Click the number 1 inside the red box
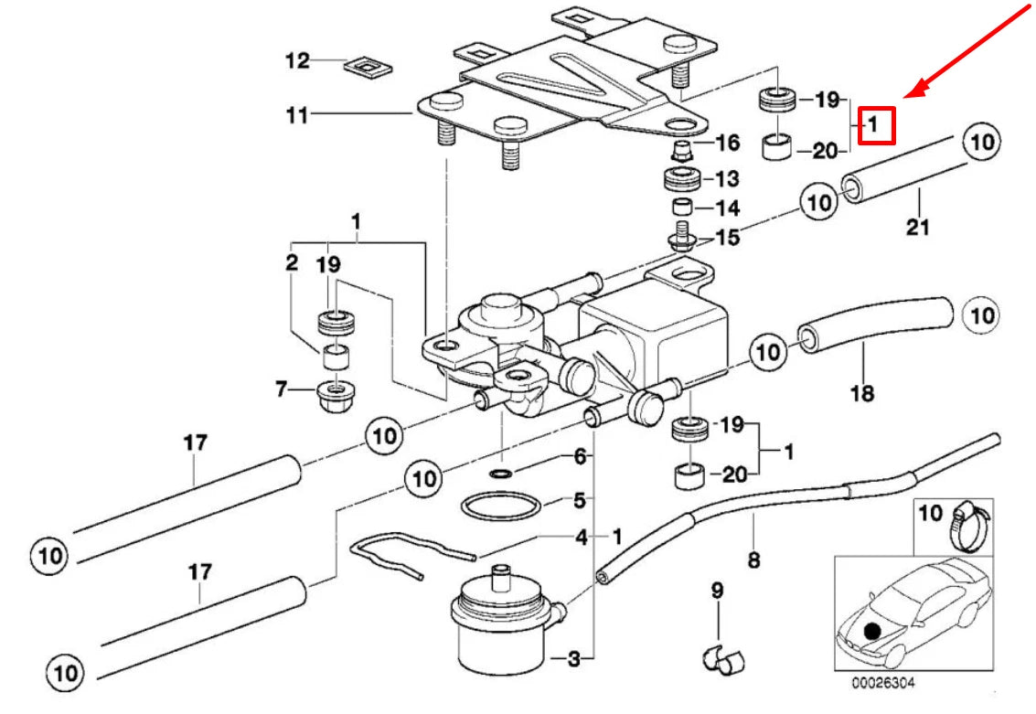click(874, 124)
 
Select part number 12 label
click(297, 62)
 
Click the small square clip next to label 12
click(366, 66)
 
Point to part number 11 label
click(297, 115)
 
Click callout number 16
click(727, 143)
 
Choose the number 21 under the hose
click(917, 227)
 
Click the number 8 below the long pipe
click(753, 559)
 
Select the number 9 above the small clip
click(717, 591)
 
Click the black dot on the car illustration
click(872, 630)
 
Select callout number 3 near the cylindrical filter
click(574, 658)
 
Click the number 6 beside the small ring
click(579, 456)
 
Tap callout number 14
click(728, 208)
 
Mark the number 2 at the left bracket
click(291, 263)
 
